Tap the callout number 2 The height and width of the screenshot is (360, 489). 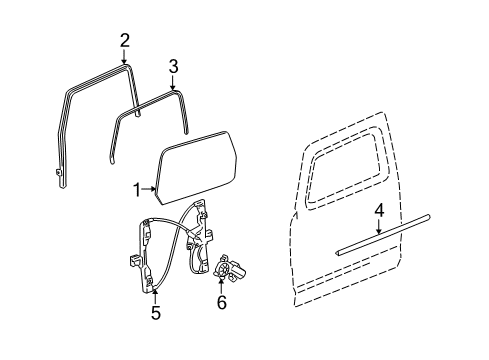pyautogui.click(x=124, y=40)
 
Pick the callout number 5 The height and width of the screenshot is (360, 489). pyautogui.click(x=155, y=312)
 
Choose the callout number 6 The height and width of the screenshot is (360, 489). pyautogui.click(x=221, y=300)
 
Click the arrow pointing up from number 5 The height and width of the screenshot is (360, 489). pyautogui.click(x=155, y=294)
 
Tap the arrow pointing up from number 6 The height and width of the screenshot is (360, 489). pyautogui.click(x=221, y=282)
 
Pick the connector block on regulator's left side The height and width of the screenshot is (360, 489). pyautogui.click(x=132, y=261)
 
